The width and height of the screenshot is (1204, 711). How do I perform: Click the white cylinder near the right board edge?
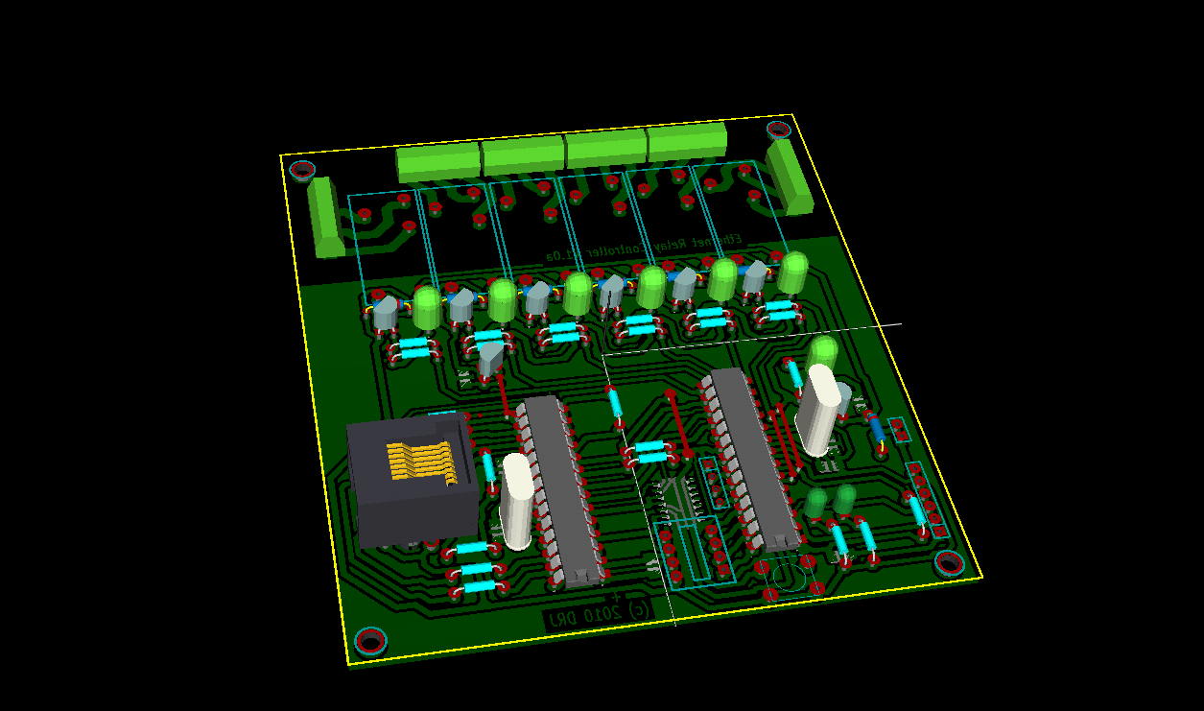[x=820, y=410]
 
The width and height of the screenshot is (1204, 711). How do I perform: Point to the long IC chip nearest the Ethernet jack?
[x=559, y=489]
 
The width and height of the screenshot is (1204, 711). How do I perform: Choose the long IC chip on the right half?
[x=753, y=461]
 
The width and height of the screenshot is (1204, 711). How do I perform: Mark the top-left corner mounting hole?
[x=302, y=171]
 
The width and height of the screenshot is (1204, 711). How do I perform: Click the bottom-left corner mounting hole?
[x=370, y=641]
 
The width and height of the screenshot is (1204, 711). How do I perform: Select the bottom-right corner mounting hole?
[x=949, y=563]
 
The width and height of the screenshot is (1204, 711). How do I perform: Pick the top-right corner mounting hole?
[x=778, y=130]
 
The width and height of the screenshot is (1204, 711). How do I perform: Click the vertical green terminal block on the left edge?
[x=325, y=217]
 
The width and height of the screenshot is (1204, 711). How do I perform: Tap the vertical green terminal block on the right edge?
[x=791, y=177]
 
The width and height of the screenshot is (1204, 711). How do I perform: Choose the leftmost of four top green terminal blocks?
[x=438, y=162]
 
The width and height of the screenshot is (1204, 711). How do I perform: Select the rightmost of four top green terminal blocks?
[x=687, y=142]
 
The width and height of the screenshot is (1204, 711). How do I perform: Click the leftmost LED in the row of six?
[x=427, y=306]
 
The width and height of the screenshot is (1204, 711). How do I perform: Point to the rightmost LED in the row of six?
[x=792, y=272]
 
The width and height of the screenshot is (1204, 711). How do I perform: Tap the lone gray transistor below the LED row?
[x=490, y=358]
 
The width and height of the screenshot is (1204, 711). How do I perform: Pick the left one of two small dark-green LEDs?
[x=815, y=502]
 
